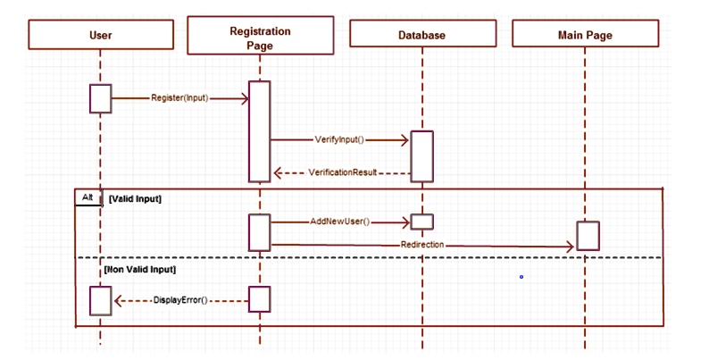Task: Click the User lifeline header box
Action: (x=101, y=35)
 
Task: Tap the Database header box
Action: (x=421, y=35)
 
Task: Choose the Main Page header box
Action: (x=585, y=35)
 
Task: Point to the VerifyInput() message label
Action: (x=339, y=140)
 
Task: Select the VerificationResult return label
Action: (x=343, y=172)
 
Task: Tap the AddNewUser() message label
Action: (x=340, y=222)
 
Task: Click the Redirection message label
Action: (x=422, y=244)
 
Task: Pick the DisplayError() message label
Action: (x=179, y=301)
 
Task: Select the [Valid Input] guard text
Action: (x=134, y=198)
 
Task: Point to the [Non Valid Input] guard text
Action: (x=140, y=269)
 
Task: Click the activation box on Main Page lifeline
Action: (x=587, y=236)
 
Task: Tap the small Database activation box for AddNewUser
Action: (x=421, y=222)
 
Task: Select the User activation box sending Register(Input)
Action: (x=100, y=98)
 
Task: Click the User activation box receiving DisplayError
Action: (x=100, y=300)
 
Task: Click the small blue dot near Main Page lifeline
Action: (x=521, y=277)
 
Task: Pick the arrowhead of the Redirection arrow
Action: (x=571, y=245)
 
